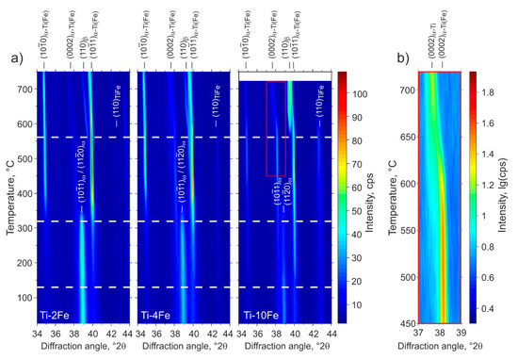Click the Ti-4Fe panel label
point(156,312)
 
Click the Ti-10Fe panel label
point(259,312)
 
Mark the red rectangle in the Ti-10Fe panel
point(275,128)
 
